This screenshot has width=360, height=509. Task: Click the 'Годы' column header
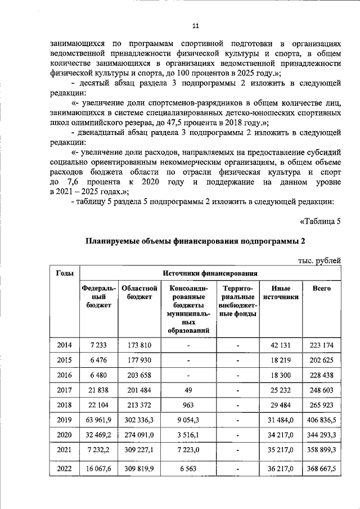coord(65,273)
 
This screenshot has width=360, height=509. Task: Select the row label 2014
coord(65,344)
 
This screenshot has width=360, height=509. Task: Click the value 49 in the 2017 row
coord(189,389)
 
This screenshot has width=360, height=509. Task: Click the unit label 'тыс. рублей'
coord(319,259)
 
